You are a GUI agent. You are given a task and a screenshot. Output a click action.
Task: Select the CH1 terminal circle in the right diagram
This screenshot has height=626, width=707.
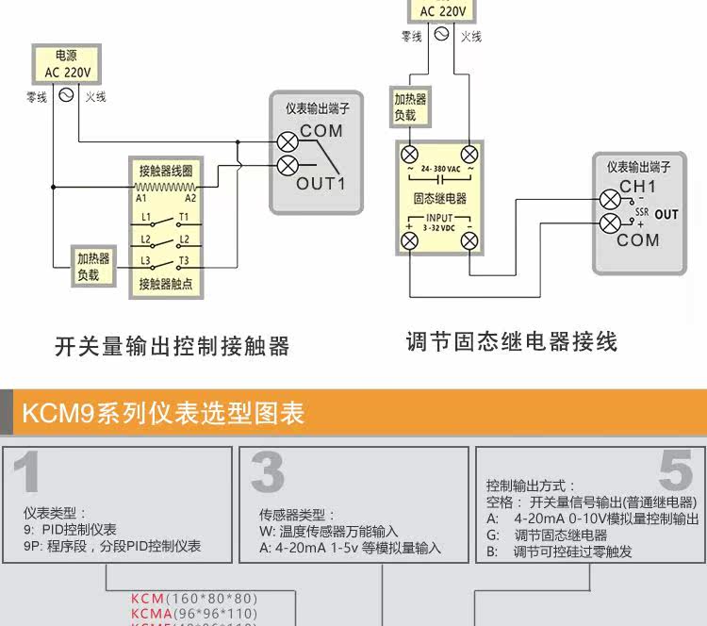610,199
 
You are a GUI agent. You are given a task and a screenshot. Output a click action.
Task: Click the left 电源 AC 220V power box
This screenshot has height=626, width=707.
66,64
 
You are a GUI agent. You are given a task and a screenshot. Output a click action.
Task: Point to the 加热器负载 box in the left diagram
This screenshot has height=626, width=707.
93,267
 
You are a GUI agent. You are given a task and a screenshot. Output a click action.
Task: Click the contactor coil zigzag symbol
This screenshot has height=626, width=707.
165,187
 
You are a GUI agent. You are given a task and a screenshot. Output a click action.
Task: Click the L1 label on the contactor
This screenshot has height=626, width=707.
146,217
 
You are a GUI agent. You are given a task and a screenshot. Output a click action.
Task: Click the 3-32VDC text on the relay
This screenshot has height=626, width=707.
439,228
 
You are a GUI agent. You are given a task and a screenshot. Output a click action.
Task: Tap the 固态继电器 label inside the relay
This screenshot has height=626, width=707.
440,199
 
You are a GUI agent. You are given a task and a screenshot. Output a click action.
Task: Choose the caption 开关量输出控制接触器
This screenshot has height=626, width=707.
172,346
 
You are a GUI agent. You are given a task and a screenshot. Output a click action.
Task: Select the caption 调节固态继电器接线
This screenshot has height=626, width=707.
512,341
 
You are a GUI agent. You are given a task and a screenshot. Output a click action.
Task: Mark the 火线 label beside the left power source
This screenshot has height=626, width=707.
95,97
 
